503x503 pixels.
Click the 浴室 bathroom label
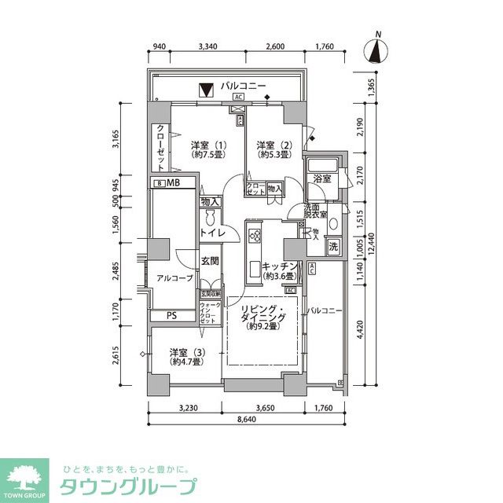tap(321, 179)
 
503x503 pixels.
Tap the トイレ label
tap(212, 233)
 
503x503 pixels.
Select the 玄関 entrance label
tap(209, 261)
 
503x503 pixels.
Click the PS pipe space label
tap(170, 316)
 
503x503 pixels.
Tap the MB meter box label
tap(173, 184)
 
